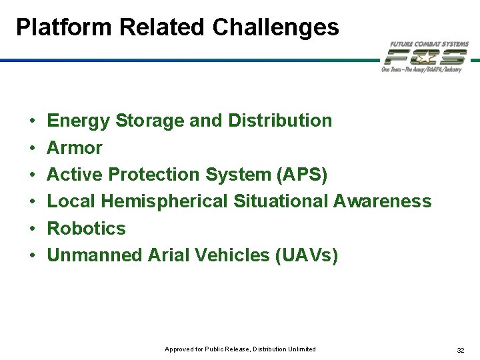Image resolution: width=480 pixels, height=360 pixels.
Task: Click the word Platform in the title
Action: tap(64, 27)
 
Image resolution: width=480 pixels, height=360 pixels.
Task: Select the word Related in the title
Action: tap(161, 27)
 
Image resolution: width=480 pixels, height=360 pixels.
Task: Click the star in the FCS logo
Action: tap(426, 57)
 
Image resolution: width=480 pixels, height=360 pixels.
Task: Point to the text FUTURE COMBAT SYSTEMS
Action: tap(429, 45)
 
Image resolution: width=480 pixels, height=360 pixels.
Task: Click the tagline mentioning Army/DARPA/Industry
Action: tap(421, 69)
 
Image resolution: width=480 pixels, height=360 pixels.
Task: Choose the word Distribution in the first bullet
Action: tap(280, 120)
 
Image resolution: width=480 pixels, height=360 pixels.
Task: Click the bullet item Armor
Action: tap(75, 148)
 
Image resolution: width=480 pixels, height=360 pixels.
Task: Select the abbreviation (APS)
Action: tap(302, 175)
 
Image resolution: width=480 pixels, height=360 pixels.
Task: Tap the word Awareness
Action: tap(383, 201)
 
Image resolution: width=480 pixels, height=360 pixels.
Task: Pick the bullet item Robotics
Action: tap(86, 229)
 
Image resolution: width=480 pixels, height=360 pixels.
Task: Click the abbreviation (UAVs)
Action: tap(307, 255)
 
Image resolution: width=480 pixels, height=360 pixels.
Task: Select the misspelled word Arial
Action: tap(169, 255)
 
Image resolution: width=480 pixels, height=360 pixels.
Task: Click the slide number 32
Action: tap(461, 350)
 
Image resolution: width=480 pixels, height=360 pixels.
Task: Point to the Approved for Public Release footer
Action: tap(240, 349)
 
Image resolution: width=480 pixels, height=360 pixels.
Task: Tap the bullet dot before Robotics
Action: tap(33, 229)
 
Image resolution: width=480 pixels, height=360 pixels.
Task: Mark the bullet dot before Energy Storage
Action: tap(33, 121)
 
